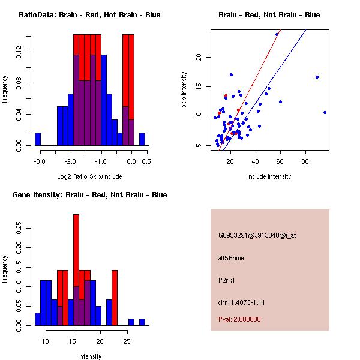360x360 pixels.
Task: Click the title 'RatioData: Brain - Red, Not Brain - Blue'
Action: click(x=89, y=15)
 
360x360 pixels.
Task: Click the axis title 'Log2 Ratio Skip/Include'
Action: click(x=89, y=176)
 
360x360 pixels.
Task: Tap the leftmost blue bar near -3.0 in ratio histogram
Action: click(x=37, y=139)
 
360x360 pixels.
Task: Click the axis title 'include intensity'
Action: click(x=269, y=176)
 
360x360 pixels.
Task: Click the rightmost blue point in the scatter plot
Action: click(x=325, y=112)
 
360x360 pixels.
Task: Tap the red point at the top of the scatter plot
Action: click(x=277, y=34)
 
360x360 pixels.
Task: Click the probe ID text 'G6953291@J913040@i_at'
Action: click(x=257, y=235)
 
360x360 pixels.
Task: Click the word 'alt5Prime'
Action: click(x=231, y=258)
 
